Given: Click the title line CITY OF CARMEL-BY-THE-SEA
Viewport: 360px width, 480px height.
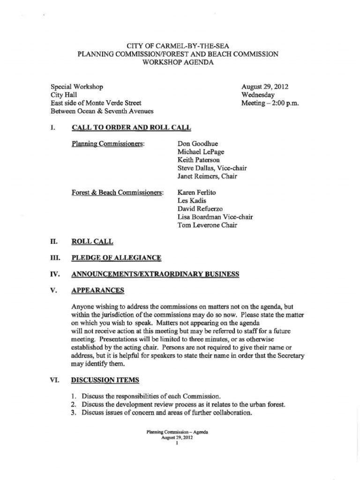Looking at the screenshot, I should tap(178, 46).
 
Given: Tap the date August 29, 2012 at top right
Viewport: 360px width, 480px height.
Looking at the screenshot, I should tap(264, 87).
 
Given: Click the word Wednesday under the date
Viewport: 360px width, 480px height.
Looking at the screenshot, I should tap(258, 95).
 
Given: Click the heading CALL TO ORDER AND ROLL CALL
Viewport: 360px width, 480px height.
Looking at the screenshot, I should tap(131, 127).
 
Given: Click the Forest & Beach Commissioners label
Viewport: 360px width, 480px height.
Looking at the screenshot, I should tap(117, 193).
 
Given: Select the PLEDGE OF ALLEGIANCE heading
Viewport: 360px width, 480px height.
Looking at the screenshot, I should tap(116, 258).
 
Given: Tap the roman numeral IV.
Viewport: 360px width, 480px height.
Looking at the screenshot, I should tap(54, 274).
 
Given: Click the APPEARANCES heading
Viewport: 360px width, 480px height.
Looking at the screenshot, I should tap(97, 291).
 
